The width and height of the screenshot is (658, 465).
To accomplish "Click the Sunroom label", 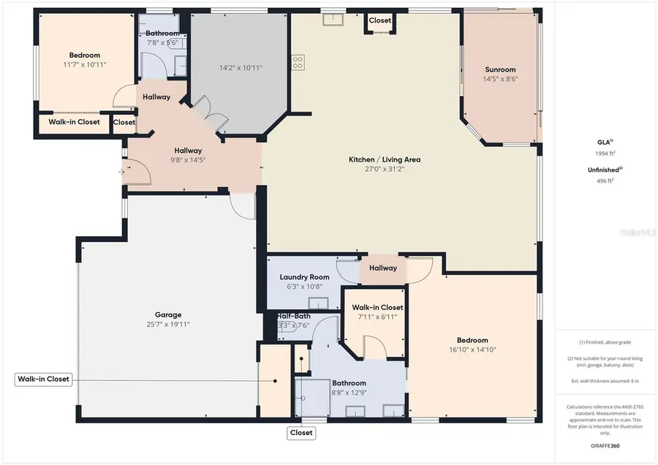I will click(x=500, y=70).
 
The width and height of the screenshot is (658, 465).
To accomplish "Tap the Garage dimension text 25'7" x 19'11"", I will click(x=167, y=324).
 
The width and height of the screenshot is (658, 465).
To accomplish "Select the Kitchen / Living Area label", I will click(x=384, y=159).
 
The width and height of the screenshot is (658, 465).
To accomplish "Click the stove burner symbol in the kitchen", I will click(x=298, y=62).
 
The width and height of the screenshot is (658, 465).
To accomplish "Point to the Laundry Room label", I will click(x=304, y=277).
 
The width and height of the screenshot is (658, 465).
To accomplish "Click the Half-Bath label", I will click(x=293, y=317).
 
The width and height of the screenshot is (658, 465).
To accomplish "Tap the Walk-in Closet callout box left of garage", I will click(x=44, y=379).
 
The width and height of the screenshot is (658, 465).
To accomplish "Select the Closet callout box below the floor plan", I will click(x=301, y=433).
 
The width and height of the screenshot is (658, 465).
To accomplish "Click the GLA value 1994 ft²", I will click(x=605, y=154).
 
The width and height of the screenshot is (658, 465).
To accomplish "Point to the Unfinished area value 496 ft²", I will click(x=605, y=180).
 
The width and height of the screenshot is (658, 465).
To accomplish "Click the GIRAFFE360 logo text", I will click(x=605, y=445).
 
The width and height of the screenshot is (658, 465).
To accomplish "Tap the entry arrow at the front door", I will click(x=121, y=173).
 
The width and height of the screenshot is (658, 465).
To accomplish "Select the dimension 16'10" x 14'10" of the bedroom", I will click(x=472, y=349).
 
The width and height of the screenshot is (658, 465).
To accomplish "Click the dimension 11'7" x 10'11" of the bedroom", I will click(x=84, y=64).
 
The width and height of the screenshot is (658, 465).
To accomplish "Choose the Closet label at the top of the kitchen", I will click(x=379, y=21).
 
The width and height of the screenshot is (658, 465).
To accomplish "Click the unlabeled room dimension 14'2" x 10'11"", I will click(x=241, y=68).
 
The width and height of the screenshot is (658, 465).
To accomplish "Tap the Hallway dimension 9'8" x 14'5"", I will click(x=187, y=160).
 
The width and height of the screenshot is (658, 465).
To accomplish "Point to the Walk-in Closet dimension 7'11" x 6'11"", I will click(x=377, y=317).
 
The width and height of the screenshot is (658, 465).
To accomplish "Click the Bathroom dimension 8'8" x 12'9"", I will click(x=349, y=393).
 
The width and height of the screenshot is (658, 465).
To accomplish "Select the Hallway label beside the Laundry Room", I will click(x=382, y=268).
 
